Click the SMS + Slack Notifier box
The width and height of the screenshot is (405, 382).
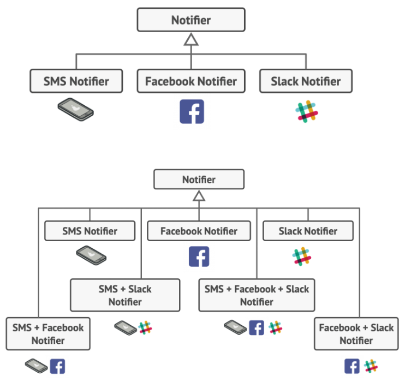click(x=125, y=295)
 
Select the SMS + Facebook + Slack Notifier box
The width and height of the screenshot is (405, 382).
click(x=257, y=295)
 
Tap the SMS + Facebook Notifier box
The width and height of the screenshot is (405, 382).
click(x=48, y=334)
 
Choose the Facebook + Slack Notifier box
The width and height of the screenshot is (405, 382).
click(x=356, y=334)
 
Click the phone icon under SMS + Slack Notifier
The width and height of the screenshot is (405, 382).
click(x=125, y=327)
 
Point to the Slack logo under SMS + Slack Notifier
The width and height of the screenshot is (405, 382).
click(x=145, y=327)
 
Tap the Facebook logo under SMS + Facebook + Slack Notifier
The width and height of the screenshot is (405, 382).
click(x=257, y=327)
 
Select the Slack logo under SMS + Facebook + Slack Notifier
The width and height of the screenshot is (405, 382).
click(x=276, y=327)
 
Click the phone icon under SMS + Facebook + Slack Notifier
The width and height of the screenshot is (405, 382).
click(x=235, y=327)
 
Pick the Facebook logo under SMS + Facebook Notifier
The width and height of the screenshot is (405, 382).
click(x=57, y=366)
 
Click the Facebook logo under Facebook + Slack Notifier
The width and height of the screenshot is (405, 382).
click(x=352, y=366)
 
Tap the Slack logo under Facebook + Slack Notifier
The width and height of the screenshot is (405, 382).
click(x=371, y=366)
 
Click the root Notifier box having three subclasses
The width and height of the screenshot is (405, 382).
click(x=191, y=20)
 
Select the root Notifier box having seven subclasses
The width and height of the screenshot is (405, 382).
click(x=199, y=180)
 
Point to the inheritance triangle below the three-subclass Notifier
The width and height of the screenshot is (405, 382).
click(x=191, y=39)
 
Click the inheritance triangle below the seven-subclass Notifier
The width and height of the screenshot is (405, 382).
click(x=199, y=196)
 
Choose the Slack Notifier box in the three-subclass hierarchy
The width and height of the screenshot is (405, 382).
click(x=306, y=82)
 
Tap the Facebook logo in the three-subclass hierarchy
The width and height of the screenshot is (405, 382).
click(x=192, y=111)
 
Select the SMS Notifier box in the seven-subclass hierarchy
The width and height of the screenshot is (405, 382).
click(x=90, y=231)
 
